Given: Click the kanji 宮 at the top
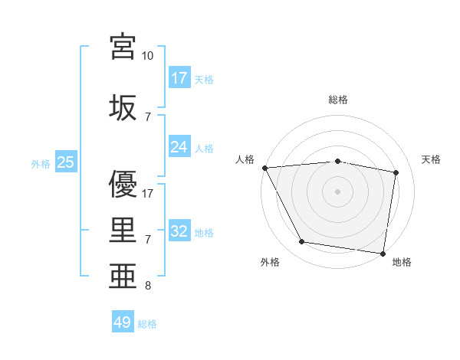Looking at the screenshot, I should (123, 47).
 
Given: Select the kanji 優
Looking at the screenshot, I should (123, 183).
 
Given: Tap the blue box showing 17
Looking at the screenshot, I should (179, 78).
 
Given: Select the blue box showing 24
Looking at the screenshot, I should (179, 148).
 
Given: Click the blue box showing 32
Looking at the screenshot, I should (179, 232).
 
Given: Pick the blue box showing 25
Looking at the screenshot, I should (66, 163).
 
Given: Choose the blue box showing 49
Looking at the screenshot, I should (123, 322).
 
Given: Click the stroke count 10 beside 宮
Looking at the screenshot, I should (148, 57).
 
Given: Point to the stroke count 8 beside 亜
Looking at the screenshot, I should (148, 286).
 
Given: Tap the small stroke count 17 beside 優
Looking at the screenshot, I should (148, 193).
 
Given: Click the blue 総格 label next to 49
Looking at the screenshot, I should (147, 324).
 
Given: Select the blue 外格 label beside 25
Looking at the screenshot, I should (41, 164).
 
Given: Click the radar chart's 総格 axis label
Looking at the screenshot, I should (338, 100).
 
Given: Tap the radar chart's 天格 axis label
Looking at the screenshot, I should (432, 159).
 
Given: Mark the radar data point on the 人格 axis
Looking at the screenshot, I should (264, 168).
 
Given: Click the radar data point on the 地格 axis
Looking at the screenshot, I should (383, 253).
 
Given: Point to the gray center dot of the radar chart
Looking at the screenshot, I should (338, 191).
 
